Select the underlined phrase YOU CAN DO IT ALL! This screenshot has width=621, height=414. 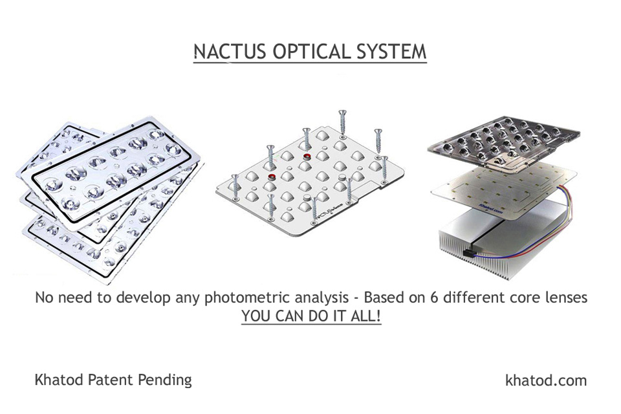311,318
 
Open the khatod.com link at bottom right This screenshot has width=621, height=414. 545,380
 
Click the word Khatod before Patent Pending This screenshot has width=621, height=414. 58,380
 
